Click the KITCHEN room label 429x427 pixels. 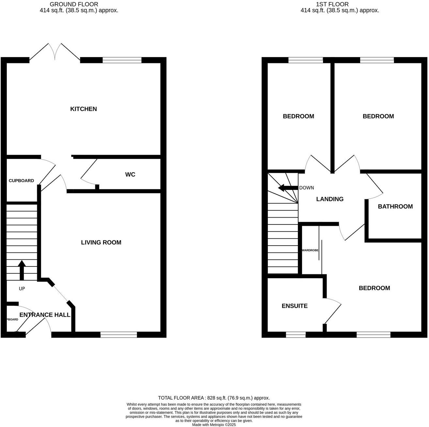84,109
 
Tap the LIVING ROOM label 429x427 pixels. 101,242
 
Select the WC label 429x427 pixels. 130,175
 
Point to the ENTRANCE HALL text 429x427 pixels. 45,315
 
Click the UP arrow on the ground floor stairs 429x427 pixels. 22,270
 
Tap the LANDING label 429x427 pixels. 330,199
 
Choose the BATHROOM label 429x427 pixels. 395,206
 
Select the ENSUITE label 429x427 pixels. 295,306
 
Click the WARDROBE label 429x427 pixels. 310,250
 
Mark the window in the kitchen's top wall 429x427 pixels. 122,60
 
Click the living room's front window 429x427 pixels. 119,334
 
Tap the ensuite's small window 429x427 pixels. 296,334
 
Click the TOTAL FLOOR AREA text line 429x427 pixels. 214,398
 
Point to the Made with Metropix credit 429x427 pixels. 214,425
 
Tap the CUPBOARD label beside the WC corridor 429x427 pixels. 21,181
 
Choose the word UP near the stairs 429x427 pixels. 22,289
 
